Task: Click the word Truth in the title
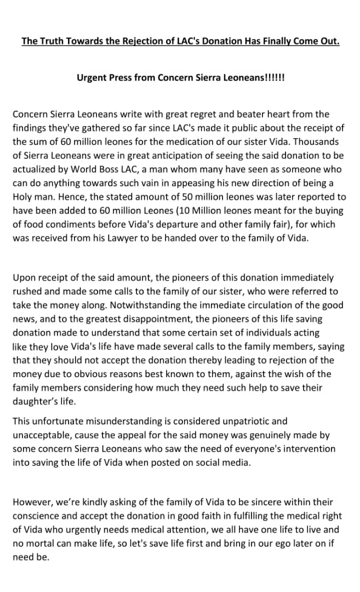[x=53, y=41]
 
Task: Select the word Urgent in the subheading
[x=92, y=77]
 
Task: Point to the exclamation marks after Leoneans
[x=273, y=77]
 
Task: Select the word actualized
[x=35, y=169]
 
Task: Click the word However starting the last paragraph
[x=32, y=502]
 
